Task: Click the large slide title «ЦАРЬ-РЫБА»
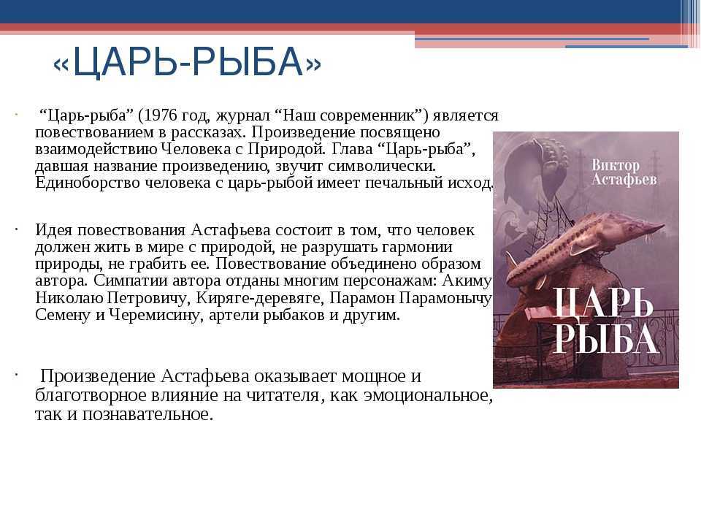[187, 62]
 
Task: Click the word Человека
[196, 149]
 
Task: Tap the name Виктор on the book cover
[616, 165]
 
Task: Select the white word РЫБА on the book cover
[605, 338]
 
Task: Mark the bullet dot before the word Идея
[15, 229]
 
